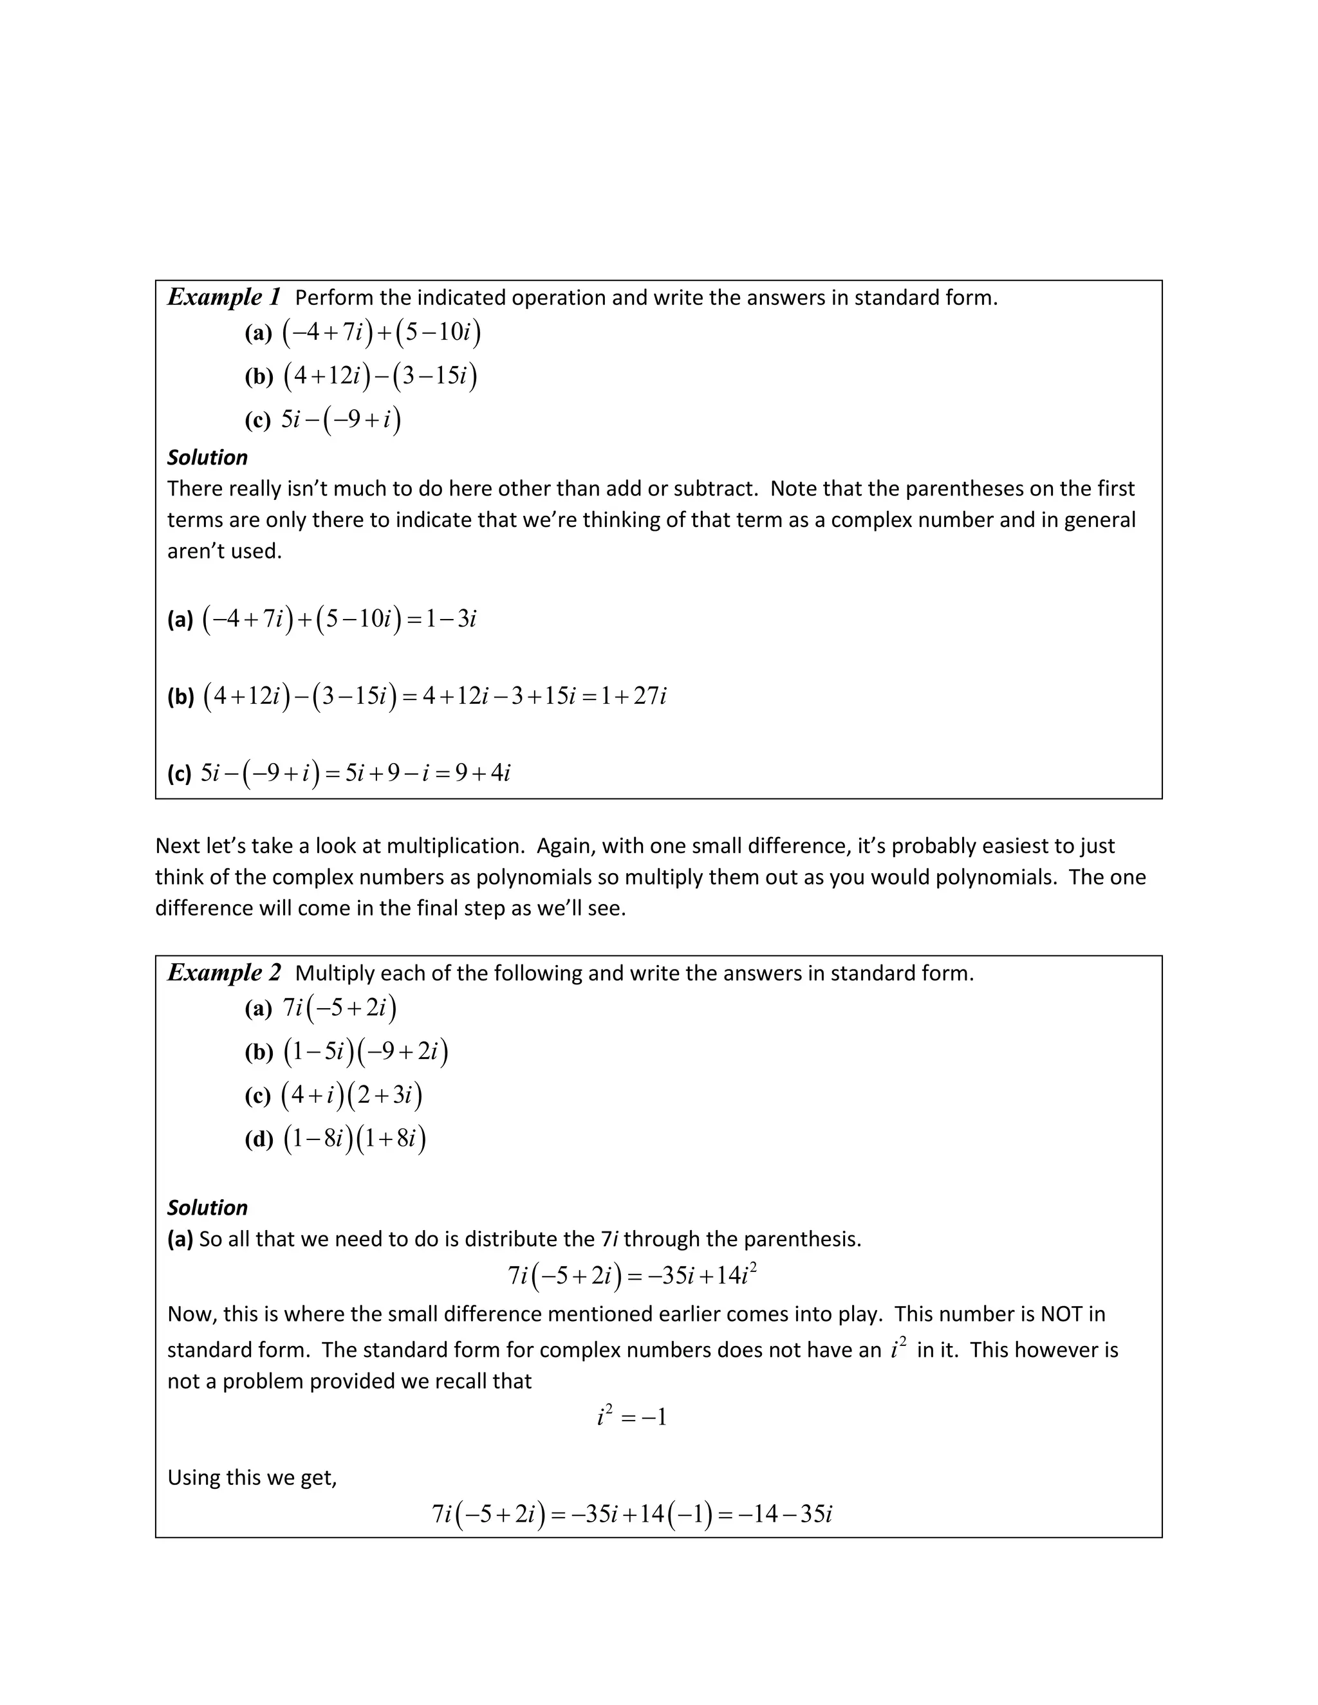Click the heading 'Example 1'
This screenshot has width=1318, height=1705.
(x=223, y=297)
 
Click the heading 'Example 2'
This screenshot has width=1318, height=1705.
(x=223, y=973)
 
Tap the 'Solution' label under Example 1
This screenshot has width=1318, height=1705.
(x=207, y=457)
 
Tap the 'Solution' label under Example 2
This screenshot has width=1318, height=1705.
(x=207, y=1208)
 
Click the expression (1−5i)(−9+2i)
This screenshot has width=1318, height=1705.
(x=366, y=1053)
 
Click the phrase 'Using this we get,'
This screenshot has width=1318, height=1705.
(x=252, y=1478)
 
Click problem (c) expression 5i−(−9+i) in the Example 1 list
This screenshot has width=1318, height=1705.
(x=341, y=420)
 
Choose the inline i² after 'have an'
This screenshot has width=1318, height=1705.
(x=898, y=1349)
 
